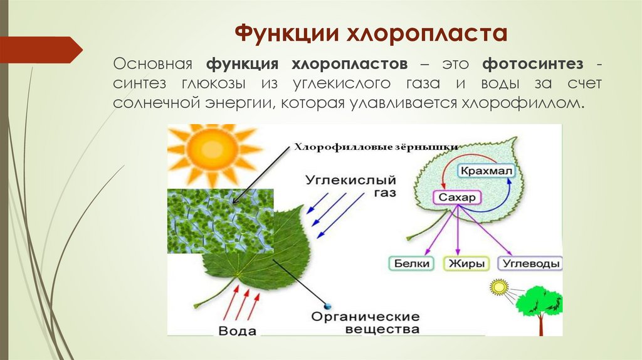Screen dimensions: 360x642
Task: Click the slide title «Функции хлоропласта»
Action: pos(371,33)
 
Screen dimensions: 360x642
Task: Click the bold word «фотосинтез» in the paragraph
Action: pos(533,64)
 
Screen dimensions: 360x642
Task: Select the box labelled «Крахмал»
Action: pos(486,171)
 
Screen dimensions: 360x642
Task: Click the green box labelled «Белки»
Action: pos(412,263)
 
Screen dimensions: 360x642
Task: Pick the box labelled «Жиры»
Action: pos(466,263)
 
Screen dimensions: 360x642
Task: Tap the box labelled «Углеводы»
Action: pos(530,263)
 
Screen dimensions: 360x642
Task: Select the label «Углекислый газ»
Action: pos(350,185)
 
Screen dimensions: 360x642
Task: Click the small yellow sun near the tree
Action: pos(499,288)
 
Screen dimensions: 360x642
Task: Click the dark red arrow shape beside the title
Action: pos(40,50)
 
